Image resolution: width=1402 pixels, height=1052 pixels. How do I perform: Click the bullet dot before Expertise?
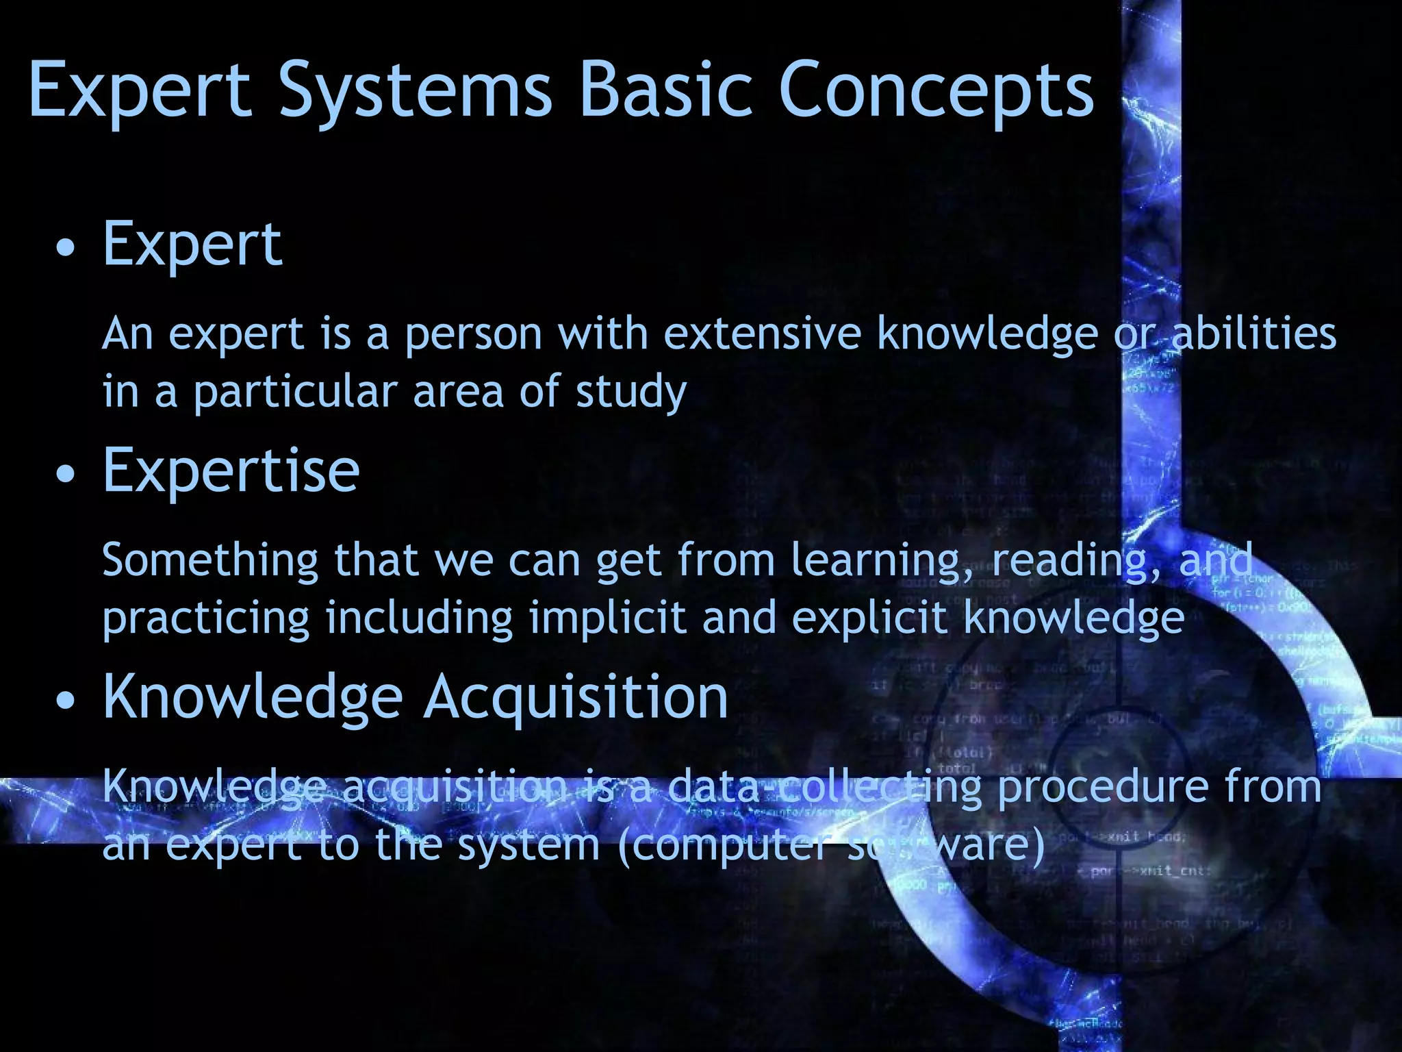[66, 474]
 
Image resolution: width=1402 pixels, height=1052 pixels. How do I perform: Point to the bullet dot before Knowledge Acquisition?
[66, 701]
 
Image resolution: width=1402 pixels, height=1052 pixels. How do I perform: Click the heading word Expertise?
[231, 471]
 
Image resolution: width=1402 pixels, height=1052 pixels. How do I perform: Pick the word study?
[630, 392]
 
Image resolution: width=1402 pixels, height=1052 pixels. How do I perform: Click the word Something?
[209, 560]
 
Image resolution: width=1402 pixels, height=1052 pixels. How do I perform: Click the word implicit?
[607, 618]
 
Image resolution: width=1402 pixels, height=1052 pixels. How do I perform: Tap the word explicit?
[869, 618]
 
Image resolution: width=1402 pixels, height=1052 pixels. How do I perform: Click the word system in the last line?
[528, 846]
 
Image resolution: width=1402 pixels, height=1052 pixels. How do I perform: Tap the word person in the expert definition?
[472, 335]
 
